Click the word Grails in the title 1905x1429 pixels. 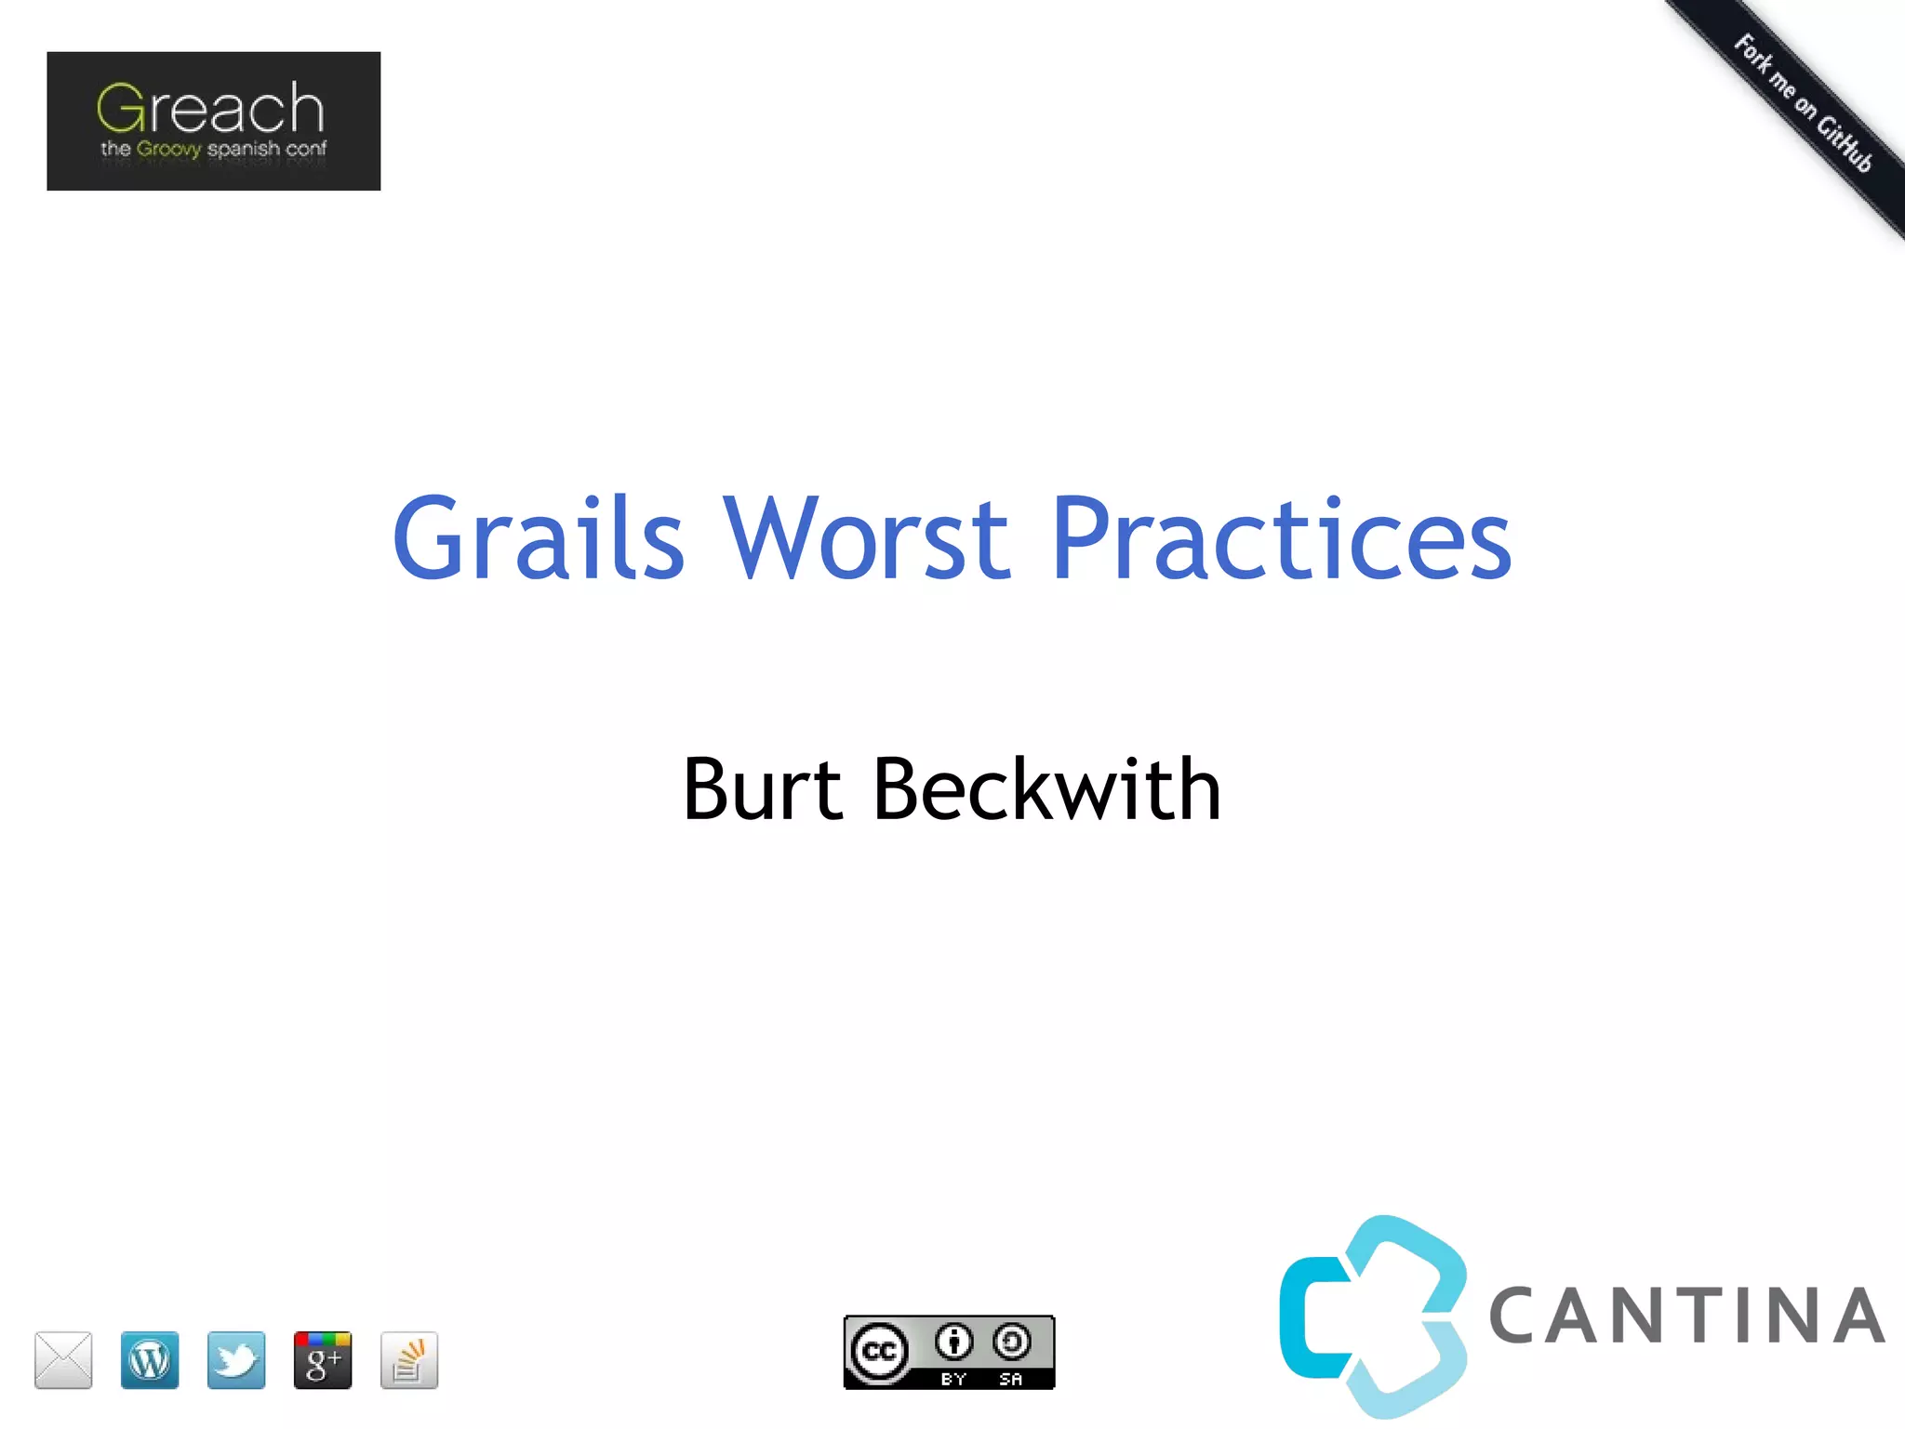539,538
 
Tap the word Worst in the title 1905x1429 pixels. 866,538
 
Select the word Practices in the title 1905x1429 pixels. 1281,538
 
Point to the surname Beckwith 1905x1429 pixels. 1046,789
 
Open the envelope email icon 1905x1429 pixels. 63,1359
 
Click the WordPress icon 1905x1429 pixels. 150,1359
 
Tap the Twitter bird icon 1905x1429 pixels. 236,1359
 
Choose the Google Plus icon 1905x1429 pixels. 323,1359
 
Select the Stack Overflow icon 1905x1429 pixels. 409,1359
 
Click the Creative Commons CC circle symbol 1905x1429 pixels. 879,1350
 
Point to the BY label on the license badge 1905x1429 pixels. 953,1379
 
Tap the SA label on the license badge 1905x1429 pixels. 1011,1379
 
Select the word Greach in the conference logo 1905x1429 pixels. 211,109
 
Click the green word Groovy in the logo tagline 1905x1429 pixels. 168,149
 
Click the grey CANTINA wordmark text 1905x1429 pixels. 1686,1317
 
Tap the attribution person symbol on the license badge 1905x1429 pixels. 953,1342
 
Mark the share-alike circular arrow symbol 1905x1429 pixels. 1011,1342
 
